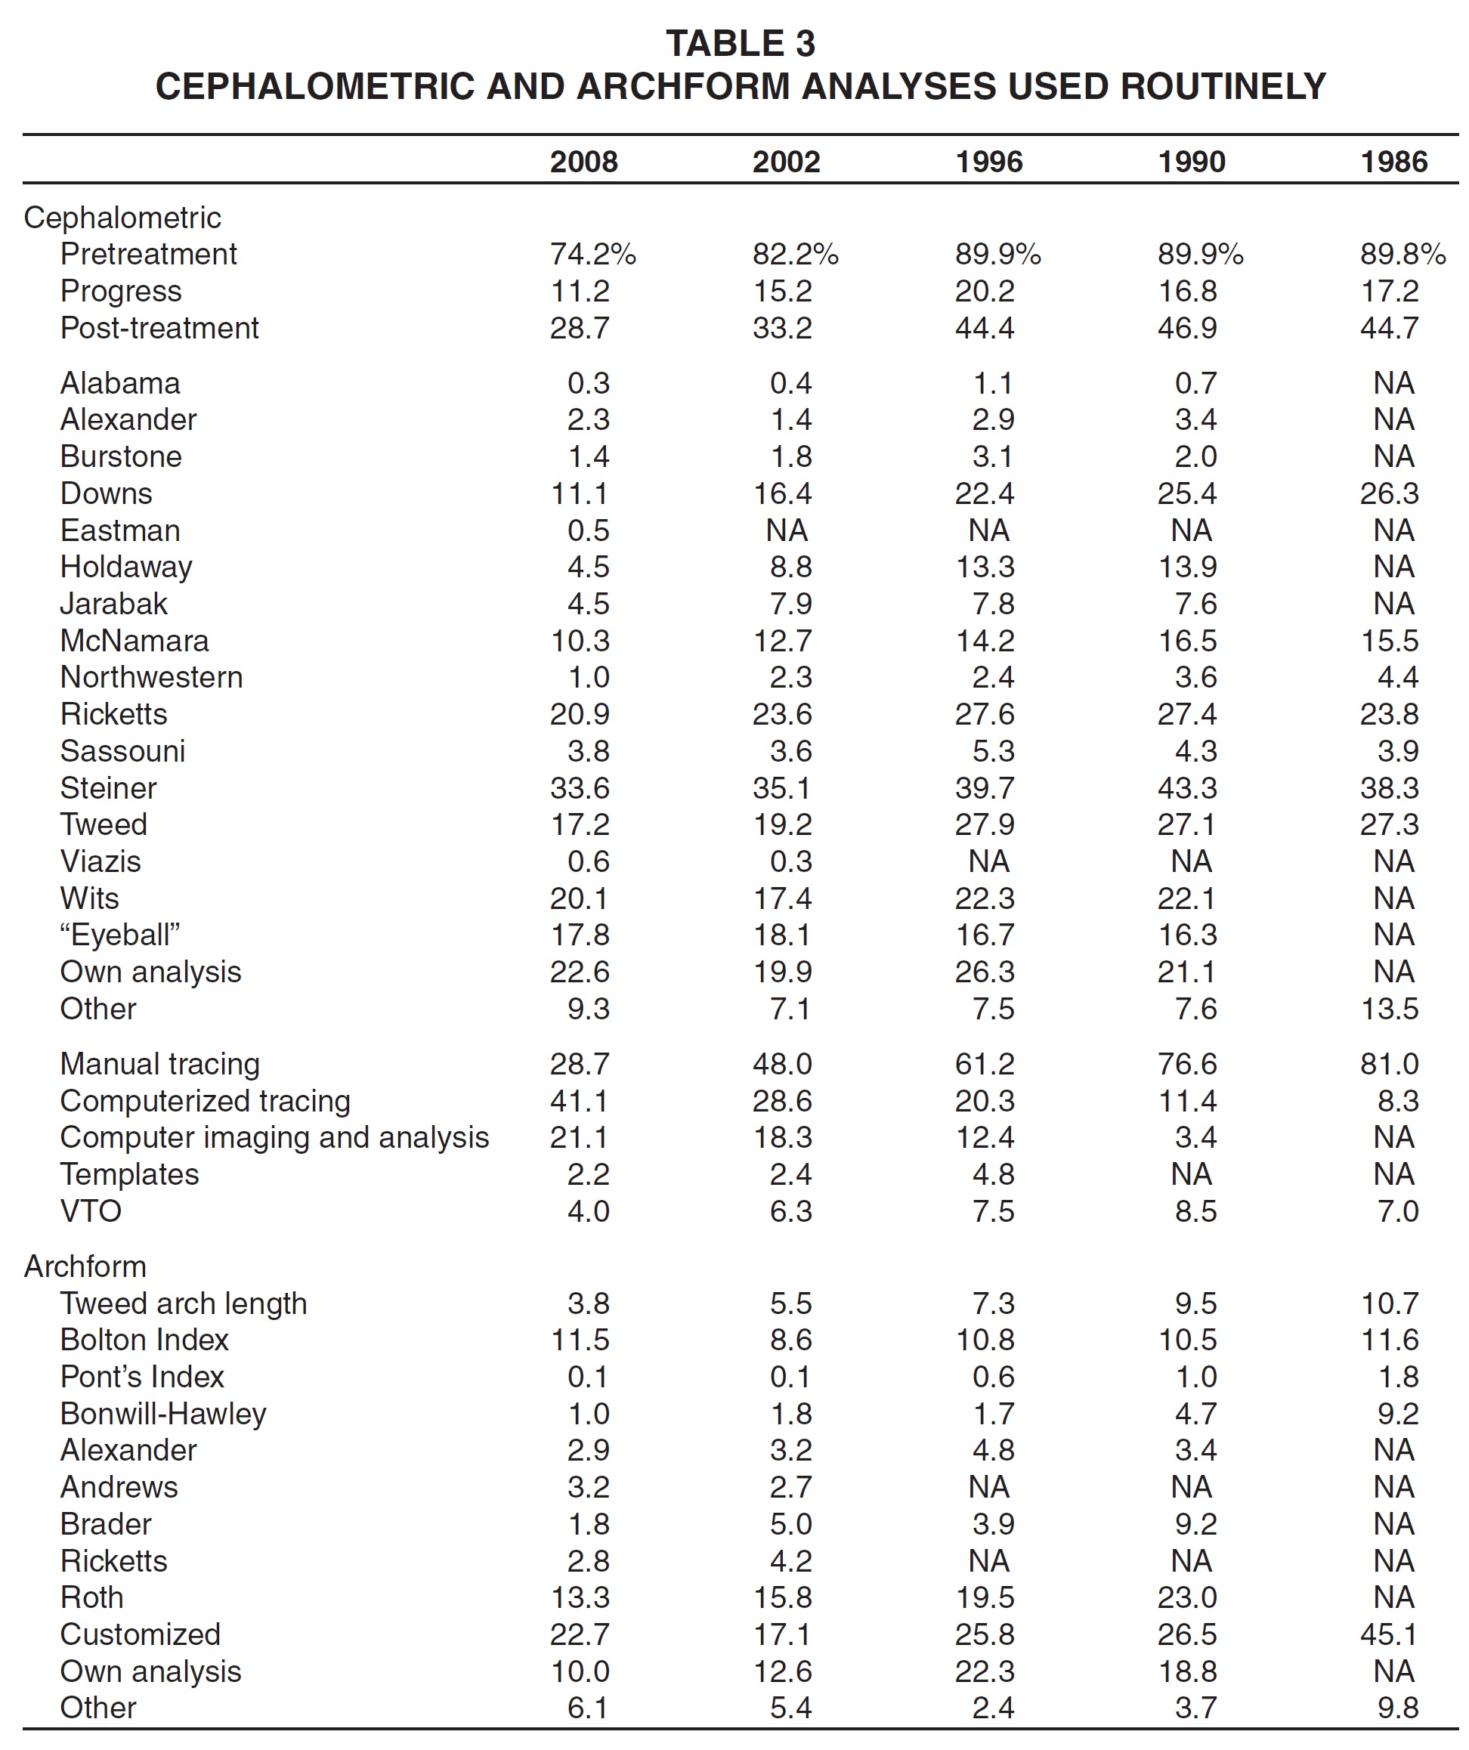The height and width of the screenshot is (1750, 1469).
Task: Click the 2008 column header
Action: point(583,162)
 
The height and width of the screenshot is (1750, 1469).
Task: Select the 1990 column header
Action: point(1192,162)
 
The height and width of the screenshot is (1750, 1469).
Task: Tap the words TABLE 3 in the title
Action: point(740,43)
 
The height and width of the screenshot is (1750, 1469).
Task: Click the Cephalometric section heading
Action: point(122,218)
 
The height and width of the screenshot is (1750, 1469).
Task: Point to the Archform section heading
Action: point(85,1266)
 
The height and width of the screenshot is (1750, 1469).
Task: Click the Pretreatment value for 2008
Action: point(592,254)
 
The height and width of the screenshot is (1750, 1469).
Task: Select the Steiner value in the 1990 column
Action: point(1187,787)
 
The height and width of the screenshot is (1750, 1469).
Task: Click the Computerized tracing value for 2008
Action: point(579,1101)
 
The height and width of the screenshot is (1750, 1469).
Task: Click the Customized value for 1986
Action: point(1389,1634)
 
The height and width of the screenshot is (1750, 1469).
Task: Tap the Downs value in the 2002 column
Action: point(782,493)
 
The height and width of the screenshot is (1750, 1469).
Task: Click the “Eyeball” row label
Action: point(120,935)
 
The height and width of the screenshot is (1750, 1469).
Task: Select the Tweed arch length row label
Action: point(184,1303)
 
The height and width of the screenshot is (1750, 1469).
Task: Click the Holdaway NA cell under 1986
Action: point(1394,567)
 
